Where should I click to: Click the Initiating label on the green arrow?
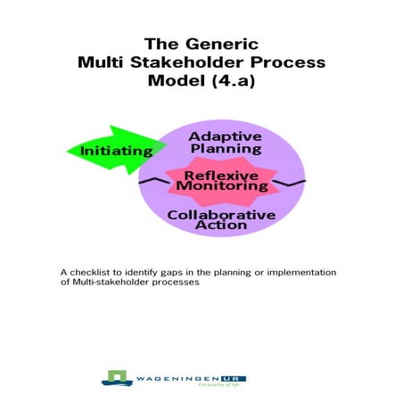[x=117, y=151]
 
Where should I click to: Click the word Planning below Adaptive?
[x=225, y=149]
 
